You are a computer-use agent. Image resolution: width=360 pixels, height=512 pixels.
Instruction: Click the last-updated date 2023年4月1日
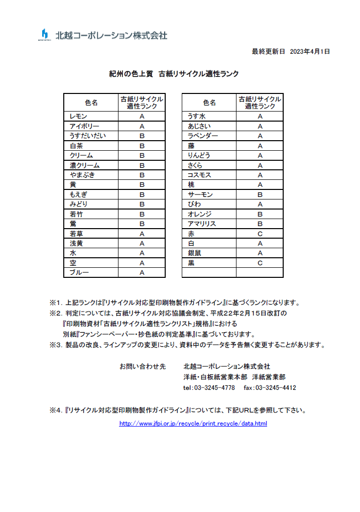pos(310,51)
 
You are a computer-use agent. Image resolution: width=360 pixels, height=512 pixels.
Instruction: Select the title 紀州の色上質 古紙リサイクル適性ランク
pos(174,73)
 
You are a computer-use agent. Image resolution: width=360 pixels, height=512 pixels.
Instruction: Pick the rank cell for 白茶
pos(142,146)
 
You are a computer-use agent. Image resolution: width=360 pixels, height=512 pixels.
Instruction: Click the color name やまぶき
pos(82,175)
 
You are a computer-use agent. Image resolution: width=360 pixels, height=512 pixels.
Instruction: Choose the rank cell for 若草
pos(142,234)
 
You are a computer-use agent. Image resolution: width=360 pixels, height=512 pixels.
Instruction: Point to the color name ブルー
pos(79,273)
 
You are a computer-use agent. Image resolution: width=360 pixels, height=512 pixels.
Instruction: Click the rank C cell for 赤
pos(260,234)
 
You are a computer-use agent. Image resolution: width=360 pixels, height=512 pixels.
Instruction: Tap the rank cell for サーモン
pos(260,194)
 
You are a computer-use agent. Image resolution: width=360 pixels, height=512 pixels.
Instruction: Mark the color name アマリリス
pos(202,224)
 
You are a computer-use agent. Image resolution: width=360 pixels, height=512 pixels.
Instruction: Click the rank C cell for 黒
pos(260,263)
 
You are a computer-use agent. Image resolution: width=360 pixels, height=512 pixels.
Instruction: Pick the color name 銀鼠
pos(194,253)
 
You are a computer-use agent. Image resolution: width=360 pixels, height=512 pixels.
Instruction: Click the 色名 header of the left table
pos(91,103)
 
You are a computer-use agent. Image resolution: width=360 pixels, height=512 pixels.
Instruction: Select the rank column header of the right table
pos(260,103)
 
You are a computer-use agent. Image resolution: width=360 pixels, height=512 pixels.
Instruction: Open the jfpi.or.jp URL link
pos(193,424)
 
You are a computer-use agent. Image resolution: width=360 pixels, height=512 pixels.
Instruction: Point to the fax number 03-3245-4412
pos(276,388)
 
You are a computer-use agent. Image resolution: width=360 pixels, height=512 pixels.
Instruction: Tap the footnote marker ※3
pos(55,345)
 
